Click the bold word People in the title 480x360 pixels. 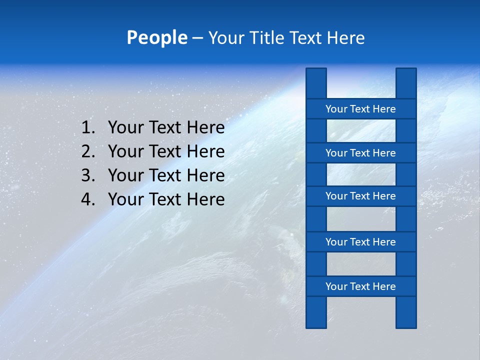coord(156,37)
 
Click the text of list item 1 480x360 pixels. coord(166,128)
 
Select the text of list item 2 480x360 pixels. coord(166,151)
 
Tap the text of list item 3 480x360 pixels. coord(166,175)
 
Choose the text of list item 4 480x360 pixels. coord(166,199)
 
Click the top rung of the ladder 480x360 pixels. coord(360,109)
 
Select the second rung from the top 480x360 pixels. coord(360,153)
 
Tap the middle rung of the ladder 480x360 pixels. coord(360,196)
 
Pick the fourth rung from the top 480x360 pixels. coord(360,242)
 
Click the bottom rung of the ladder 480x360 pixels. coord(360,286)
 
